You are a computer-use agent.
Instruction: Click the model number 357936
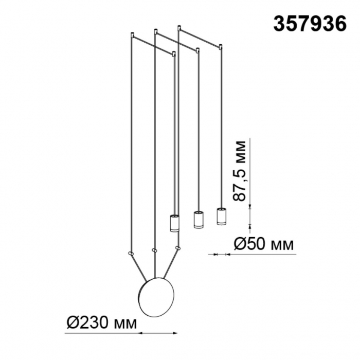click(x=310, y=24)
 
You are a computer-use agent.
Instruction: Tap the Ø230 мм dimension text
click(x=101, y=323)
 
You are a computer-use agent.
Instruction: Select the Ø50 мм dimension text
click(x=263, y=244)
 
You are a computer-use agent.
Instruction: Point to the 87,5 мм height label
click(x=239, y=171)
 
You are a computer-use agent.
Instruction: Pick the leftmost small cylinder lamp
click(x=174, y=223)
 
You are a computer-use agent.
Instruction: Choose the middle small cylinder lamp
click(x=198, y=220)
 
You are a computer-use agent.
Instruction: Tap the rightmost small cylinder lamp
click(x=221, y=217)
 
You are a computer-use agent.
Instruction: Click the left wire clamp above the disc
click(x=131, y=253)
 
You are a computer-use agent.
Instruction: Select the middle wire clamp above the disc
click(x=154, y=250)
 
